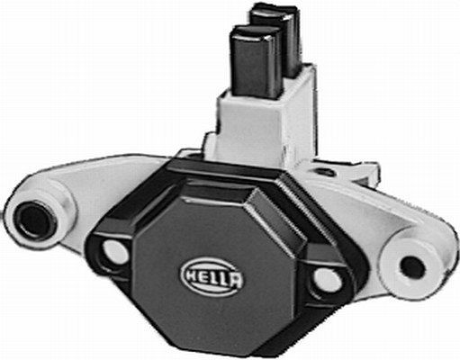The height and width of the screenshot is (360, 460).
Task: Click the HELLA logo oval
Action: [x=212, y=269]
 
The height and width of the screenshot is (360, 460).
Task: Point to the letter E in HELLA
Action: [x=203, y=269]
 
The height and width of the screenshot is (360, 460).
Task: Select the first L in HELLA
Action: [x=212, y=269]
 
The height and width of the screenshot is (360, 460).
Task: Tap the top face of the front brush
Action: [x=251, y=35]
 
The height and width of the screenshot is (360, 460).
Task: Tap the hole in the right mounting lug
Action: [x=411, y=266]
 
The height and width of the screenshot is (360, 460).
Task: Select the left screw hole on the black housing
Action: [x=114, y=252]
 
